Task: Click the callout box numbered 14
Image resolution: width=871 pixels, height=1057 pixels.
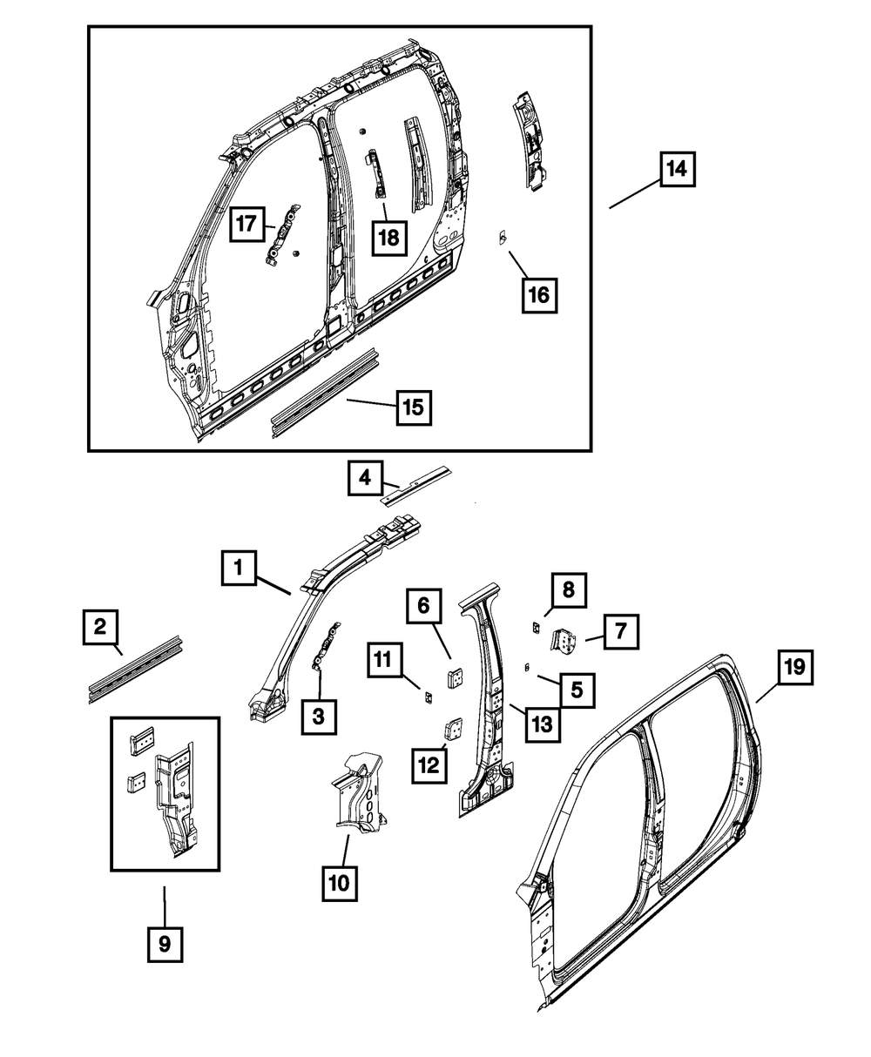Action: (677, 169)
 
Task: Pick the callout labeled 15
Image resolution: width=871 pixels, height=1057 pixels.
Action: (415, 407)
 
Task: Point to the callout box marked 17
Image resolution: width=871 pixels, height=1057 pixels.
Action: (247, 225)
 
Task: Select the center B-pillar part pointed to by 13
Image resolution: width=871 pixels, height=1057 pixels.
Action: (485, 697)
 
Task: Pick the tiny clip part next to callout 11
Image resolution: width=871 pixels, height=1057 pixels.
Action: (428, 696)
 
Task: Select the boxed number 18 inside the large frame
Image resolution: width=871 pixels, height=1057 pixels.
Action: (389, 235)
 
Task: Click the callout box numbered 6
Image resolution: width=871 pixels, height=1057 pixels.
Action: (424, 605)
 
